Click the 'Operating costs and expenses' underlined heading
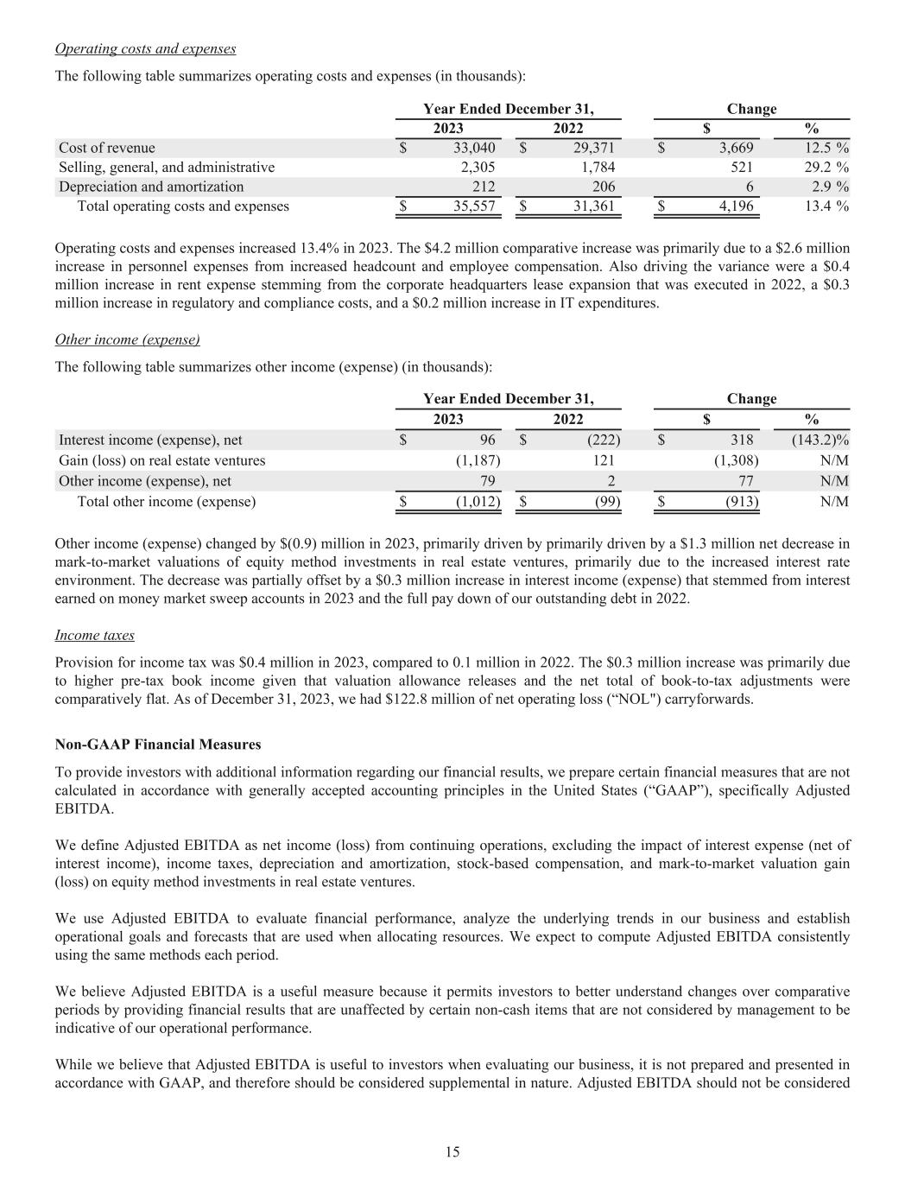coord(145,48)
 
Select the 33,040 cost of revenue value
coord(475,148)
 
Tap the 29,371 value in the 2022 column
coord(594,148)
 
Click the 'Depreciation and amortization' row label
coord(151,187)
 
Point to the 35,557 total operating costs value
coord(475,206)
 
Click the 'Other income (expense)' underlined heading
coord(127,339)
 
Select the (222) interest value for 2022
coord(603,440)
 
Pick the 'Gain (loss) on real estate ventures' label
coord(161,460)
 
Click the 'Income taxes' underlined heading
coord(94,635)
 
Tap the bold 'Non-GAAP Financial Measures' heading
coord(157,744)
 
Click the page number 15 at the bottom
coord(452,1151)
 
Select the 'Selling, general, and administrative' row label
coord(167,167)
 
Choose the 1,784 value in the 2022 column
coord(598,167)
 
